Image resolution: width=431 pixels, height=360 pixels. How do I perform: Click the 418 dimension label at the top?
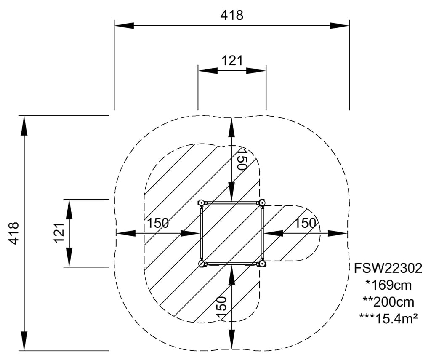tap(231, 15)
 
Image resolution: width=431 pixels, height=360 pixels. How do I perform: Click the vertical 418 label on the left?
tap(14, 233)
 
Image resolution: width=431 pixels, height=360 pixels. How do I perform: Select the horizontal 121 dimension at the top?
tap(232, 61)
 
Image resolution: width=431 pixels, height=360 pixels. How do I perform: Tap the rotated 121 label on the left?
tap(59, 233)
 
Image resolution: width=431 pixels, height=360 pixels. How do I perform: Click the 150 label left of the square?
tap(158, 223)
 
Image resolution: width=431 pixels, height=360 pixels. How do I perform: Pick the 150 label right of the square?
tap(305, 223)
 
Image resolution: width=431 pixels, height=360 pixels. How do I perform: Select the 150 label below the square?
tap(222, 303)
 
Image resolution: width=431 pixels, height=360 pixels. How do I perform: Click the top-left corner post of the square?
tap(202, 203)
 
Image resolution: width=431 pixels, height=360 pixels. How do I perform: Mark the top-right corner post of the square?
tap(262, 203)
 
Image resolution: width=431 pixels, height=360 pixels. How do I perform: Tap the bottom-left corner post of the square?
tap(202, 264)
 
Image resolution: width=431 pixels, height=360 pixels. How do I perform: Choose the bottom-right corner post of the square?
tap(262, 264)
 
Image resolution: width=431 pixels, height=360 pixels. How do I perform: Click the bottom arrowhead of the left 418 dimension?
tap(24, 341)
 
